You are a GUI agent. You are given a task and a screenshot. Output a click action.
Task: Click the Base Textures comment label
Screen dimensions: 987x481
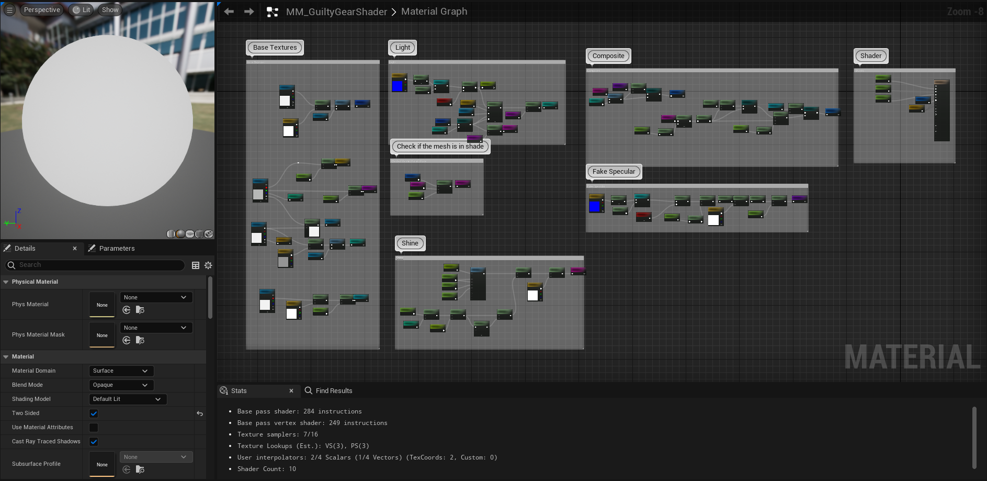(275, 48)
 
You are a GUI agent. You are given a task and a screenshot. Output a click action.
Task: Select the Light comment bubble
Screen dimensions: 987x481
(402, 48)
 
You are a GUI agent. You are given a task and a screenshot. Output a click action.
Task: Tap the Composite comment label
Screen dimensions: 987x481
(608, 56)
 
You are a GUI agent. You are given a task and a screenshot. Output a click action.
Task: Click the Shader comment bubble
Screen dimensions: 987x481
(870, 56)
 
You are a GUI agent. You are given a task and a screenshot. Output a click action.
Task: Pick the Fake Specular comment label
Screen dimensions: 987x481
(614, 172)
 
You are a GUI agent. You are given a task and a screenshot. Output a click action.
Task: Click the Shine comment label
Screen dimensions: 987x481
(410, 243)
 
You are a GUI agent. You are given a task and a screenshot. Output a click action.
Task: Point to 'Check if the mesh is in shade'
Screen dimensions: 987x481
(440, 147)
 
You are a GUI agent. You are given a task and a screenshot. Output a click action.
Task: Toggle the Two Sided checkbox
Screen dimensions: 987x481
(94, 413)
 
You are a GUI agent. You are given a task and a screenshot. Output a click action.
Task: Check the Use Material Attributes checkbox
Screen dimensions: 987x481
(94, 428)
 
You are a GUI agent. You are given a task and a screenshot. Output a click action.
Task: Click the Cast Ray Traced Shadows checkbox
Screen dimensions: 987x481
(94, 442)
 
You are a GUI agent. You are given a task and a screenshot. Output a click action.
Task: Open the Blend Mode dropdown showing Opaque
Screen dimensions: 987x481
(121, 385)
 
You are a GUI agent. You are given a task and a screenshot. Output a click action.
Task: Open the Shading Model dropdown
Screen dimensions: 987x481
(128, 399)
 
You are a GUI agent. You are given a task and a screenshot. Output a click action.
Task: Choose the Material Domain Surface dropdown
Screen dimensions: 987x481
(121, 371)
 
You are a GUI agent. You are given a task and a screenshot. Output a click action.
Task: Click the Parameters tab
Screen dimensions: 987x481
(116, 249)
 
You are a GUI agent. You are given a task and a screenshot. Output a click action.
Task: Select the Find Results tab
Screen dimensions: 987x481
(333, 391)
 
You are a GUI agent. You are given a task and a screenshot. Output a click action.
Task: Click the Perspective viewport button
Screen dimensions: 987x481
(42, 10)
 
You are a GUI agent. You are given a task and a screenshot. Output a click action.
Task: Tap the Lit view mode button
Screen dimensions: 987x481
(82, 10)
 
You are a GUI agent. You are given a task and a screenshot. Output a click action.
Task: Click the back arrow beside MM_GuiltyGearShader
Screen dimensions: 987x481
(229, 12)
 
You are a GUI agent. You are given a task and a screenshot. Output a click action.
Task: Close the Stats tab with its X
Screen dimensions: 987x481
(291, 391)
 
